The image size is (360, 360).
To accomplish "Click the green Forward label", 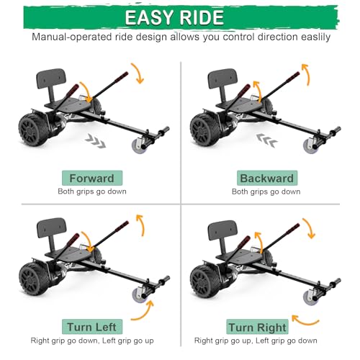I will point(91,178).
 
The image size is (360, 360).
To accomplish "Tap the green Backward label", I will point(266,178).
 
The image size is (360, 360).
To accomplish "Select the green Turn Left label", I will point(91,326).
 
